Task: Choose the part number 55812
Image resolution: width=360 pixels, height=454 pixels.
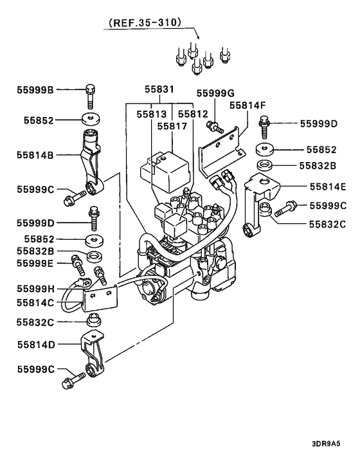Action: [x=194, y=113]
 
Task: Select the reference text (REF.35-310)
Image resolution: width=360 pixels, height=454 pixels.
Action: [x=145, y=24]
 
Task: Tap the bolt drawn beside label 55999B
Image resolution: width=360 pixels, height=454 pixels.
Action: [x=89, y=96]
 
